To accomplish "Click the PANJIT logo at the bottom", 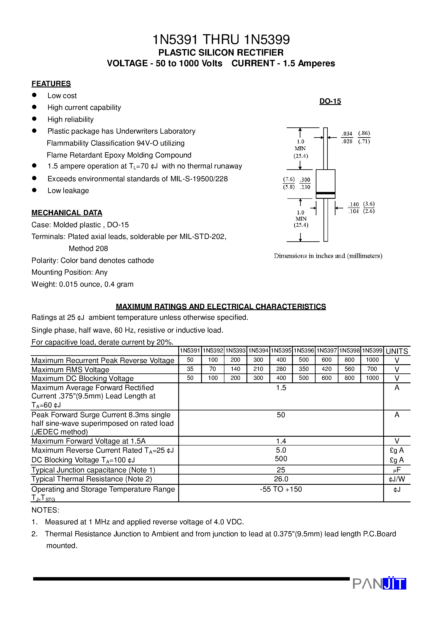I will tap(379, 584).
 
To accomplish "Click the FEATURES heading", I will tap(51, 84).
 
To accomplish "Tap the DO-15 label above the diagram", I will tap(330, 101).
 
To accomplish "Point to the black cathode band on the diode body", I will tap(325, 193).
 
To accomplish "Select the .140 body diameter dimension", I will tap(354, 204).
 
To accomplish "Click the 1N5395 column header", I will tap(281, 351).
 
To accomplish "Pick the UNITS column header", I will tap(397, 351).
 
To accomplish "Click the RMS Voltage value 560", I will tap(349, 369).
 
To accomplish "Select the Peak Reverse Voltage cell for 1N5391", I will tap(190, 360).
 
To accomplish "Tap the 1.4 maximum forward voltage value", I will tap(281, 441).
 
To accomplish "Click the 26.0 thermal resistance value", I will tap(281, 479).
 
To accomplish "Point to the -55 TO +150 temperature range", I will tap(281, 489).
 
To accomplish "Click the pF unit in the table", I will tap(397, 470).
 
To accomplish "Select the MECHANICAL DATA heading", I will tap(67, 213).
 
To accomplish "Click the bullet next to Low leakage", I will tap(34, 190).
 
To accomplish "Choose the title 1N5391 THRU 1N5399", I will tap(221, 40).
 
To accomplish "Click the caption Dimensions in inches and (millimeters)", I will tap(328, 256).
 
